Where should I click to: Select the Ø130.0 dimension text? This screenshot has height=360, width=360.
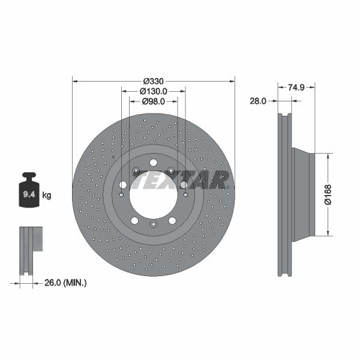153,91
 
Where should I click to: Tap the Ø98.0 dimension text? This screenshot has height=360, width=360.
153,102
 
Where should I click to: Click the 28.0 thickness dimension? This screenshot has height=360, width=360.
258,101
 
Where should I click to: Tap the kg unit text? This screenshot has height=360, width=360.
47,195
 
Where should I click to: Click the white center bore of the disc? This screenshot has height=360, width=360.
153,194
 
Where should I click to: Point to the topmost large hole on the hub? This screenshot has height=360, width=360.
154,163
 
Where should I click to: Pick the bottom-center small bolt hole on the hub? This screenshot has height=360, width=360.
153,225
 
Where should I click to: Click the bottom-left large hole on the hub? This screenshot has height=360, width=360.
135,221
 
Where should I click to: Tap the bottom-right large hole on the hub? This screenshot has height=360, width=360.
172,221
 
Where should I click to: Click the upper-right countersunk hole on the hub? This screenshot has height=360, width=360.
172,171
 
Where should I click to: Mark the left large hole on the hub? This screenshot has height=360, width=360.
123,185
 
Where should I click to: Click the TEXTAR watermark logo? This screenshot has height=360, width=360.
180,179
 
